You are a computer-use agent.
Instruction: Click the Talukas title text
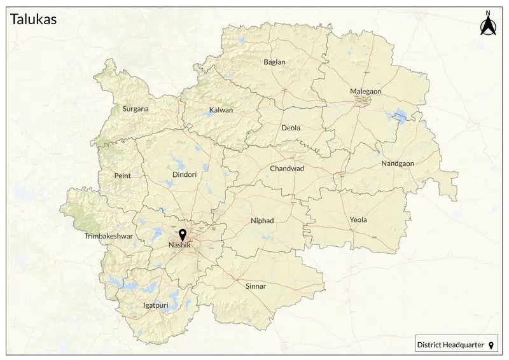(x=34, y=20)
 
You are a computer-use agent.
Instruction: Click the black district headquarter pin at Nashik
(x=183, y=235)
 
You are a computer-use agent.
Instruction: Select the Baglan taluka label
(x=274, y=62)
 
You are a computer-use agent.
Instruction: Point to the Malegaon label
(x=366, y=92)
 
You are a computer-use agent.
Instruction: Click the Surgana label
(x=136, y=109)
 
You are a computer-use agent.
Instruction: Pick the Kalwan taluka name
(x=221, y=110)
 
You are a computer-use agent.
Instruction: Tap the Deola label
(x=291, y=128)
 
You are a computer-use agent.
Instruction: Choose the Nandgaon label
(x=398, y=163)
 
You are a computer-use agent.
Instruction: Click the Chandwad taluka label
(x=287, y=169)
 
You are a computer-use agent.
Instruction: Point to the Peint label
(x=122, y=176)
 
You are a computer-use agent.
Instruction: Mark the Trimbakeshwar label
(x=108, y=236)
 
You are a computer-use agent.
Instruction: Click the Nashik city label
(x=179, y=246)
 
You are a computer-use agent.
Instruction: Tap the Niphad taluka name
(x=262, y=221)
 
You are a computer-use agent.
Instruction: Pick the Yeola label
(x=358, y=220)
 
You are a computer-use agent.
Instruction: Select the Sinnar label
(x=256, y=286)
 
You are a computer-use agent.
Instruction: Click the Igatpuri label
(x=156, y=305)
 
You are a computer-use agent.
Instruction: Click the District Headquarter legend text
(x=450, y=345)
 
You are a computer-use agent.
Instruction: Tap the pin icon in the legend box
(x=491, y=345)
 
